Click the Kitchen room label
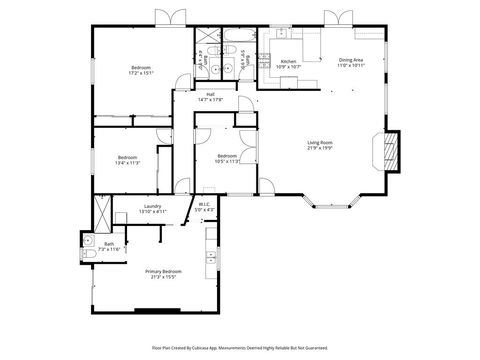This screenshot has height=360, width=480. [288, 63]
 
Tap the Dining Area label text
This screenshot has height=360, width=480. [351, 62]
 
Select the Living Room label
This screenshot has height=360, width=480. [320, 146]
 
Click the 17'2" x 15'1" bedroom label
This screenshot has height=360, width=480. [140, 70]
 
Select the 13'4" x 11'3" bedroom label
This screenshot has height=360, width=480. [127, 159]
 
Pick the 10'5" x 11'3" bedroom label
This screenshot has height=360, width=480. [228, 158]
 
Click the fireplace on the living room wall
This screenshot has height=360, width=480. [392, 150]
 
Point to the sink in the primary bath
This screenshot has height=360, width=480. [88, 240]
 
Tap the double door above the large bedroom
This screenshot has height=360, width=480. [168, 17]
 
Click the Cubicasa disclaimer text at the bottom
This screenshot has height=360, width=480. [239, 347]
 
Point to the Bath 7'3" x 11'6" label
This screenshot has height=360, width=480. [109, 246]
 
